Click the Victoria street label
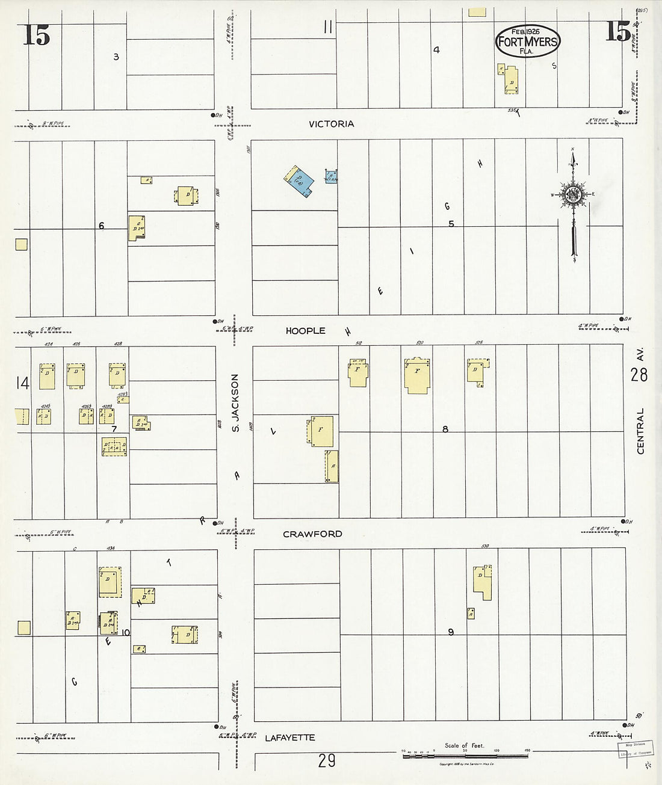pos(331,124)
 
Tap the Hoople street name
pos(305,331)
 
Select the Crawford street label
pos(312,534)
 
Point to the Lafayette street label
pos(289,737)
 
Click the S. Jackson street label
pos(236,402)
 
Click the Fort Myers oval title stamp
pos(527,41)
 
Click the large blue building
pos(300,180)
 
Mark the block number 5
pos(451,224)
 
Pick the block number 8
pos(445,429)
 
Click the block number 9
pos(450,632)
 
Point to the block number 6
pos(101,226)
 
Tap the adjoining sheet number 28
pos(639,375)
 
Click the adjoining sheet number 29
pos(327,760)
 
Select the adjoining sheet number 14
pos(23,383)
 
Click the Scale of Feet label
pos(464,745)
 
